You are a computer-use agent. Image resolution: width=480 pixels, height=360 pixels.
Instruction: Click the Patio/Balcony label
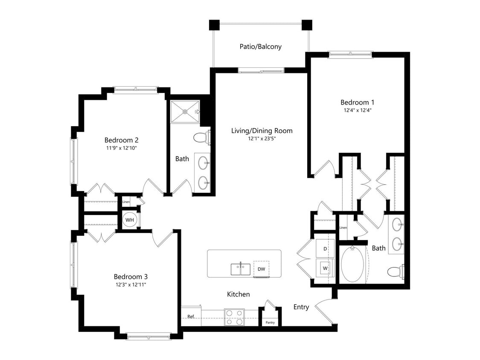coord(260,46)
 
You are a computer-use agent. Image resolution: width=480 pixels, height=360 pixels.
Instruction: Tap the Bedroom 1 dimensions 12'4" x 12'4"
coord(357,110)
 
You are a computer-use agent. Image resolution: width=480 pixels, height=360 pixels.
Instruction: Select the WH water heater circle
coord(130,220)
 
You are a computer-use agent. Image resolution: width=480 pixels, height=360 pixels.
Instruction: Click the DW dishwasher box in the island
coord(261,269)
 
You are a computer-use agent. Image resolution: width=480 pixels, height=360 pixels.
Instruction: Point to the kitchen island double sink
coord(240,269)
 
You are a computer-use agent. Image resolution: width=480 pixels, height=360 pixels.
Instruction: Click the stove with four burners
coord(234,317)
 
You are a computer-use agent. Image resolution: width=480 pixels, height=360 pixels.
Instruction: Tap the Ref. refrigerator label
coord(191,316)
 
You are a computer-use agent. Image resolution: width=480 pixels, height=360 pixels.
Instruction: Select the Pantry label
coord(270,322)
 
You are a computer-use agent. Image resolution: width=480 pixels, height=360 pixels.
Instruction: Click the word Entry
coord(301,307)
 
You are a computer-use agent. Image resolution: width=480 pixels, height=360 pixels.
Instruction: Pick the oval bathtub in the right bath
coord(352,265)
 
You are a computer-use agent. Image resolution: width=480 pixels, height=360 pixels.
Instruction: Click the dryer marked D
coord(325,248)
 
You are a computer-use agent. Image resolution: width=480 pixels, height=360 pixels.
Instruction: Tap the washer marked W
coord(325,268)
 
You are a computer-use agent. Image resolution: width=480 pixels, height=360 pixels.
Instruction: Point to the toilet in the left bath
coord(201,137)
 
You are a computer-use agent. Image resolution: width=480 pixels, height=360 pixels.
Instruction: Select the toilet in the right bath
coord(395,271)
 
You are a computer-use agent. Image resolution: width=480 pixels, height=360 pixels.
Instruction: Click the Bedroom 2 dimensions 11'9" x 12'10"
coord(121,148)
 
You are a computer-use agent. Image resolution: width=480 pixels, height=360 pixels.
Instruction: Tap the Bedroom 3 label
coord(130,276)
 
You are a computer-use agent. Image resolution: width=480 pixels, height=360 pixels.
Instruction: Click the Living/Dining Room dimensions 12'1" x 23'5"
coord(262,139)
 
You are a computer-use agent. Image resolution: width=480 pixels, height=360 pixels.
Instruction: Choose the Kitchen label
coord(238,294)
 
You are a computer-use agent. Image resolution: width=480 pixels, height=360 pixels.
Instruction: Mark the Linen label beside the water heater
coord(126,202)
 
